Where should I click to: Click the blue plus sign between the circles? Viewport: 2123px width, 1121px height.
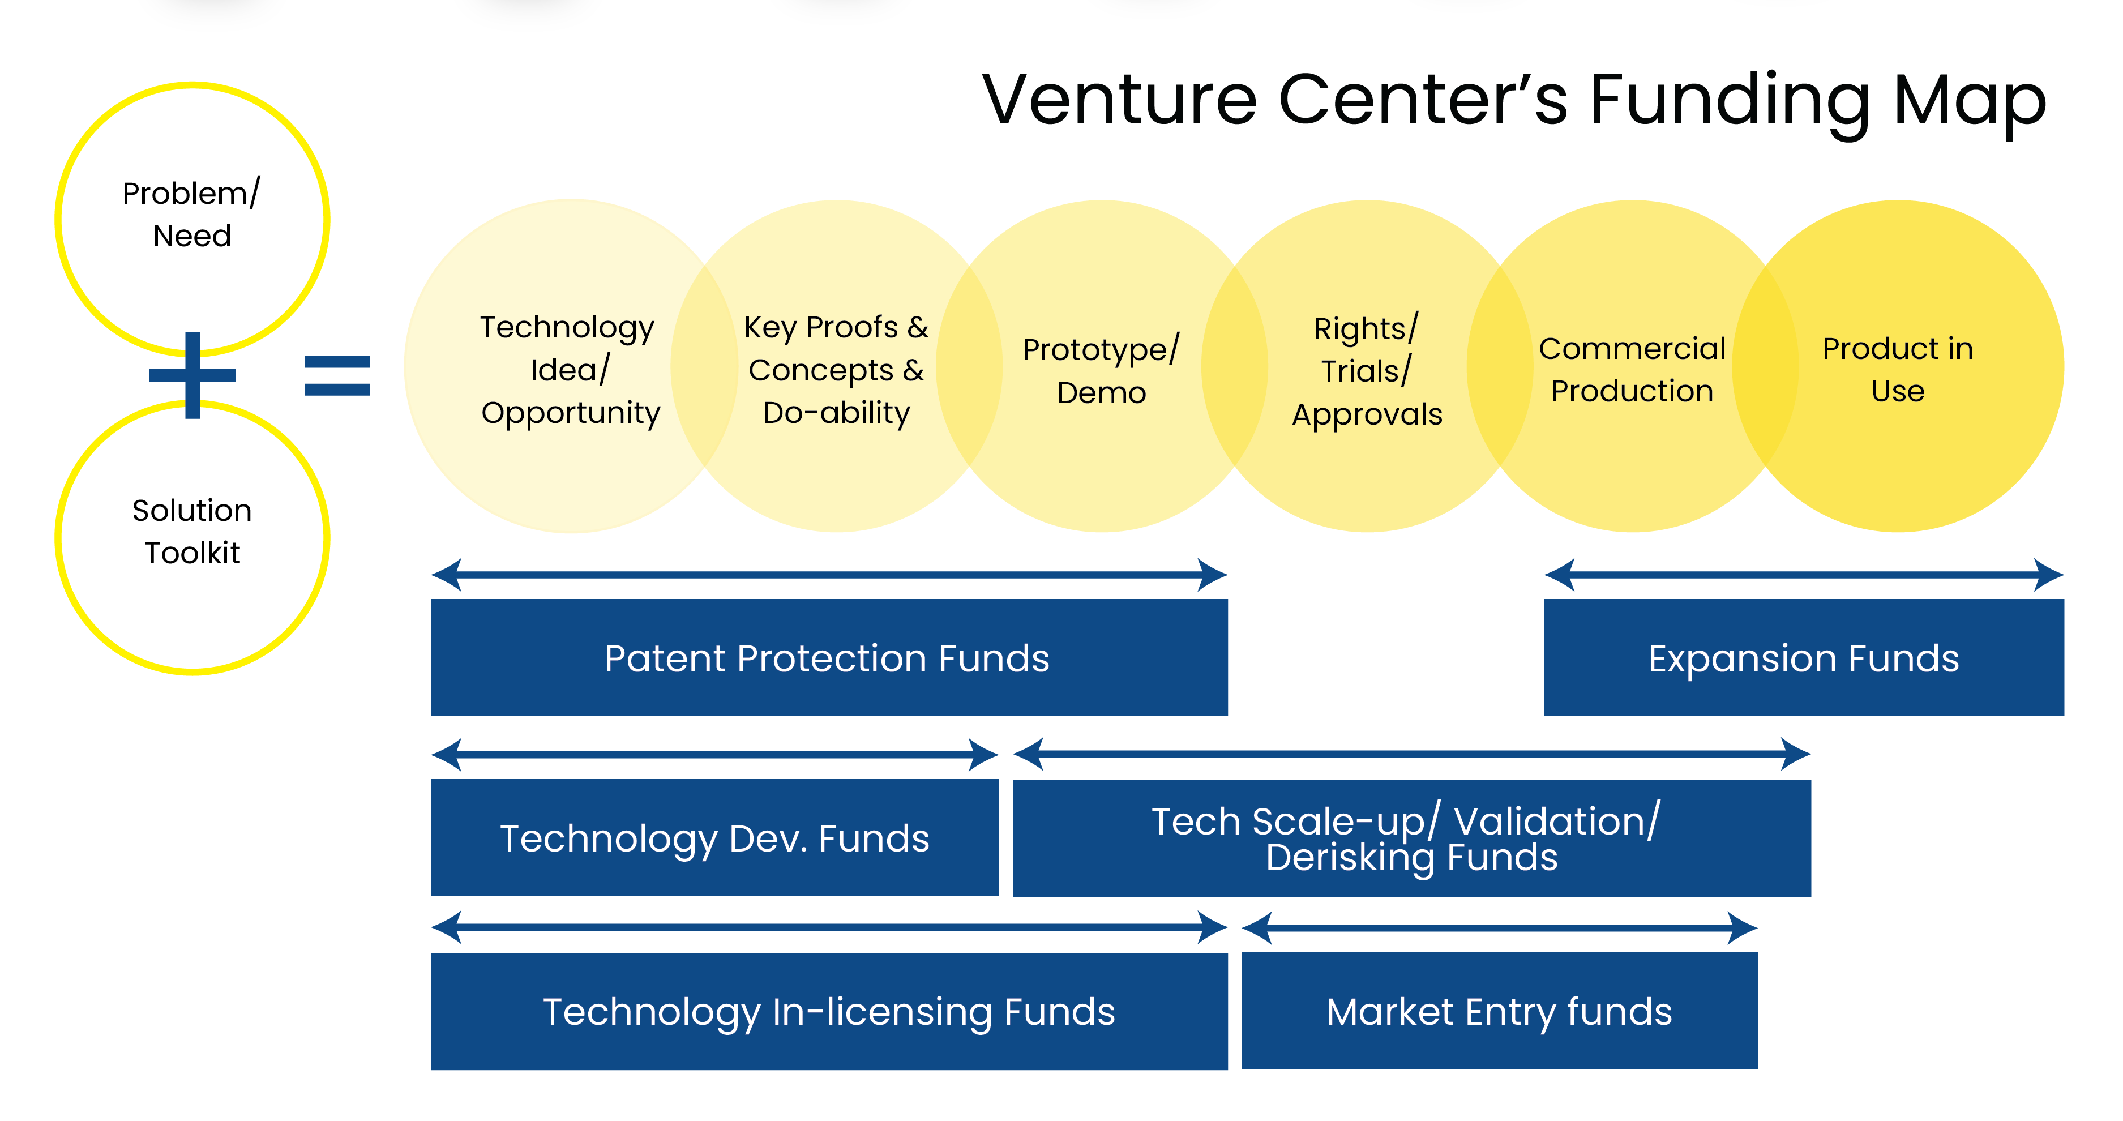193,375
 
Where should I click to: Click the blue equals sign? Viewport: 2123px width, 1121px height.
337,375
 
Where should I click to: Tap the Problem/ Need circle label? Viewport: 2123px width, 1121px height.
192,215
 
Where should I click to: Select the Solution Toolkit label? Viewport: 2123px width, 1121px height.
192,532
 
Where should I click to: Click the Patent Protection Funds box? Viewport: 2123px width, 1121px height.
828,658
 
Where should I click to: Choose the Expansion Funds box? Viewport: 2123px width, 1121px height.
1803,658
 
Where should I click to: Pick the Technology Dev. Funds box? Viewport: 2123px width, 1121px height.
714,837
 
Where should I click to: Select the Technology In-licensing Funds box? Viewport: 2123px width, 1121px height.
828,1011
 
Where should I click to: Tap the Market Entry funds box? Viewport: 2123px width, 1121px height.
1499,1011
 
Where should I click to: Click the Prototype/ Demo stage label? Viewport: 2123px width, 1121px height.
1101,371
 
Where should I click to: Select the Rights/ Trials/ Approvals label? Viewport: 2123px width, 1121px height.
1367,371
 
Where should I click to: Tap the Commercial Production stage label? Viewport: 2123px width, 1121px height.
1632,369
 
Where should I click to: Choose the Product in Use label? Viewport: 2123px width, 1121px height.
1897,369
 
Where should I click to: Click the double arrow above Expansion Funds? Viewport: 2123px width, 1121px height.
1803,575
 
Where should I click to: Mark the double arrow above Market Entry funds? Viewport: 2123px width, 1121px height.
1499,928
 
